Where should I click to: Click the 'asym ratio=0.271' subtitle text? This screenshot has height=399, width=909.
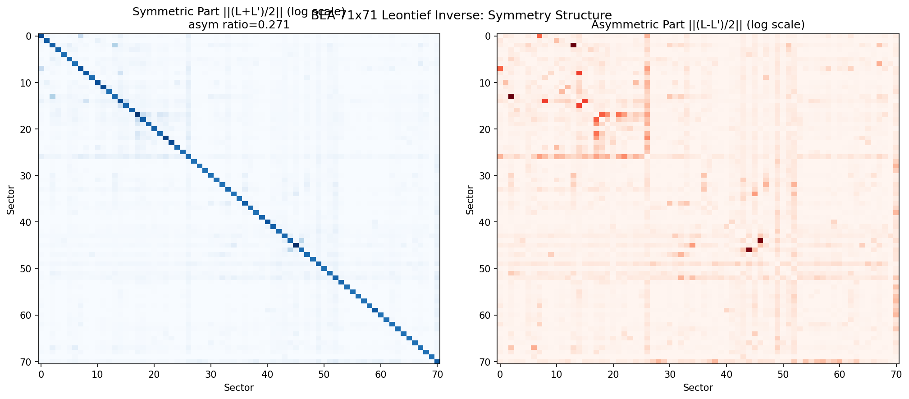click(239, 25)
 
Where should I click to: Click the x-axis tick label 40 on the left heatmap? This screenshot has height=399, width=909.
click(267, 374)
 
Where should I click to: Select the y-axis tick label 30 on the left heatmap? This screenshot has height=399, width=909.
click(28, 176)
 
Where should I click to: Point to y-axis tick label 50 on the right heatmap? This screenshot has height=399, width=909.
click(488, 269)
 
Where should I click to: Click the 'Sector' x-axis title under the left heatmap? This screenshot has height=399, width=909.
click(239, 388)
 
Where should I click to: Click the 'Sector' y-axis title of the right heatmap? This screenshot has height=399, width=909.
click(470, 199)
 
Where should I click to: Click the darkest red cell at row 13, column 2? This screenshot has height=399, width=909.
click(511, 96)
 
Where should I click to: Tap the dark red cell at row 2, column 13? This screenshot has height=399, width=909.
click(573, 45)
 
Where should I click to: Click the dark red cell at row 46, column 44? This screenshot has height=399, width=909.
click(749, 250)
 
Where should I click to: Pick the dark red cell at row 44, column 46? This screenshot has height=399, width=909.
click(760, 241)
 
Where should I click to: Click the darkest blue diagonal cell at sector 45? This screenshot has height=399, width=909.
click(296, 245)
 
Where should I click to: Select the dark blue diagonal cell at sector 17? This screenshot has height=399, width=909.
click(137, 115)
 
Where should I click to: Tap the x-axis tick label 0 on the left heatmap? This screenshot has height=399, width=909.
click(41, 374)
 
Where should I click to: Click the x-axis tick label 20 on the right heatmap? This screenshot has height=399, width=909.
click(613, 374)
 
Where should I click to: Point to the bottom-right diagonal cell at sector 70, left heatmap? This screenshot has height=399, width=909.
click(437, 361)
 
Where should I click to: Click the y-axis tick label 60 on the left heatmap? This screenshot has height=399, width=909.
click(28, 315)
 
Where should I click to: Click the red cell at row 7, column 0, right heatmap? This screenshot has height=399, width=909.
click(500, 69)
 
